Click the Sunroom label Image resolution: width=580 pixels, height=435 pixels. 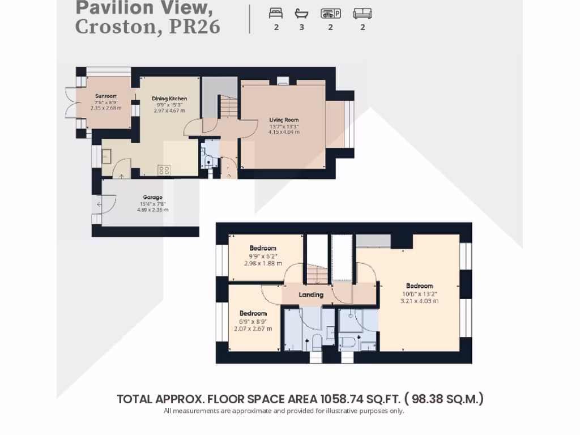click(105, 96)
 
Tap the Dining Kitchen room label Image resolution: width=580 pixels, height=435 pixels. click(169, 99)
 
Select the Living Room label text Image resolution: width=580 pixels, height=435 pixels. click(284, 120)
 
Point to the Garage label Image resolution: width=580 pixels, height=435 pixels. click(152, 198)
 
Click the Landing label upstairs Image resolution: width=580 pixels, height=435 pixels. click(311, 295)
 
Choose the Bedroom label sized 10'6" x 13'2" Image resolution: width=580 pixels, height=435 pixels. click(419, 286)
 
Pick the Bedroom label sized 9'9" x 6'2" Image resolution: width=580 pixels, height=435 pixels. click(263, 248)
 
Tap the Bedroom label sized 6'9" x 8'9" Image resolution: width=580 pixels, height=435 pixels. click(253, 314)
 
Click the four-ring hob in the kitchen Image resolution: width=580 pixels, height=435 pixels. click(164, 169)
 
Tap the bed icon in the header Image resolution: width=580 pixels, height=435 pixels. click(276, 14)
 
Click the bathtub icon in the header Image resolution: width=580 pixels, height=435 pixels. click(301, 14)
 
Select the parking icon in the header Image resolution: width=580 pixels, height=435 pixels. click(330, 14)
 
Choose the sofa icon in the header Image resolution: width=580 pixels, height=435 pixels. click(362, 14)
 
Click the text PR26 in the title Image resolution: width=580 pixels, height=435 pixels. click(194, 27)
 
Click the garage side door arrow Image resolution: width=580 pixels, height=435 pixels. click(100, 205)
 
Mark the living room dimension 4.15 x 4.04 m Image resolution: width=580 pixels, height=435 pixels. click(284, 132)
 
